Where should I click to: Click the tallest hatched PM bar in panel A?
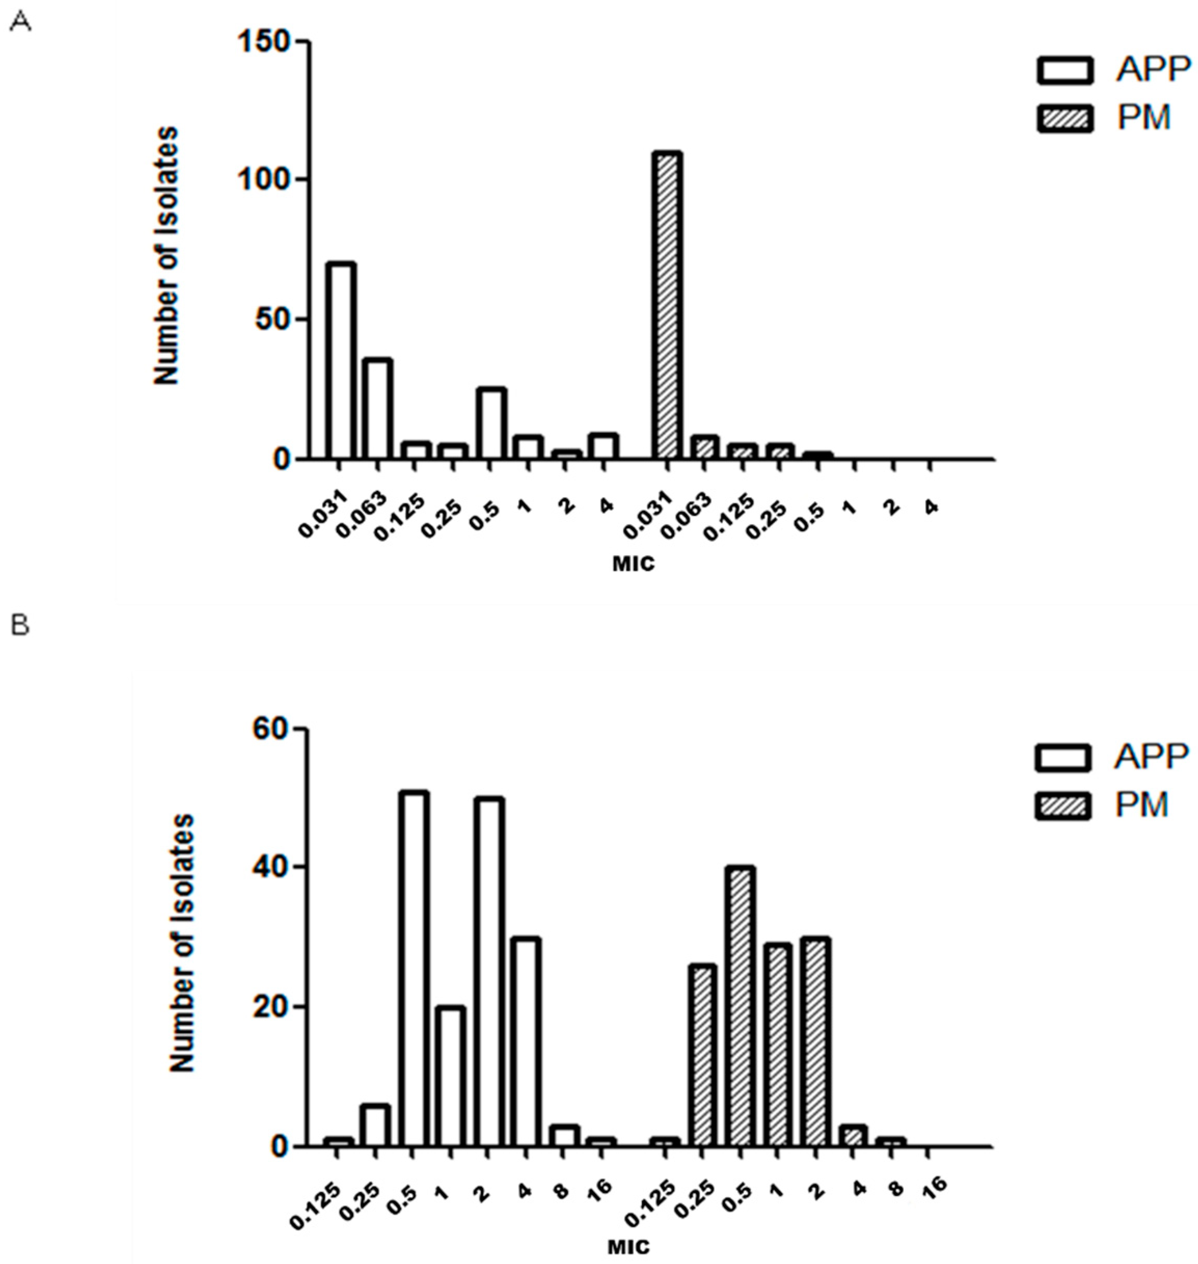(668, 307)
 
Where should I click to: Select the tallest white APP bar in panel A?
(341, 361)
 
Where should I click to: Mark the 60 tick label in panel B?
(273, 729)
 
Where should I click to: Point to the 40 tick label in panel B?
(273, 868)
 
